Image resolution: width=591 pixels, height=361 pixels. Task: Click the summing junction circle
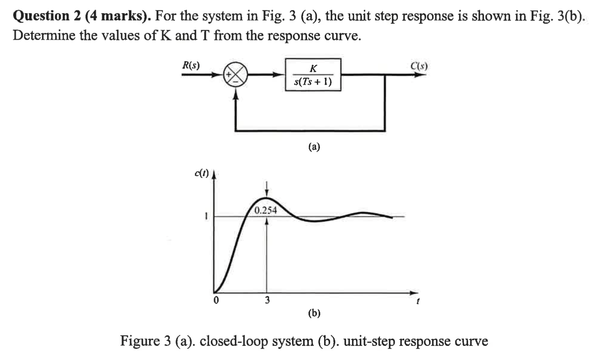click(236, 75)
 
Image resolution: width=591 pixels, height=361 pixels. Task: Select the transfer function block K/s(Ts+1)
click(313, 75)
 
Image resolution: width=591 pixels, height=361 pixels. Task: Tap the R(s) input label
click(191, 65)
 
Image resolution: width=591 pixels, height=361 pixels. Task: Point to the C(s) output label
click(419, 66)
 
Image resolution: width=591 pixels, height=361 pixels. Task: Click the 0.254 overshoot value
click(265, 211)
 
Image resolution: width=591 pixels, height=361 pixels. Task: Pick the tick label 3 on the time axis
click(267, 300)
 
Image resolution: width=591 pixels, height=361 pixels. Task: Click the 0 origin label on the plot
click(216, 300)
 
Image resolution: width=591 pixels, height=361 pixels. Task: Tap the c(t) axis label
click(202, 173)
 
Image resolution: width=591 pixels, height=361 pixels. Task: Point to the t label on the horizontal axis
click(418, 301)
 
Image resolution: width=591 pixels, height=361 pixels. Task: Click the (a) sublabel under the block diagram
click(314, 147)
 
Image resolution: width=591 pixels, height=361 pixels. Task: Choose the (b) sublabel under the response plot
click(314, 313)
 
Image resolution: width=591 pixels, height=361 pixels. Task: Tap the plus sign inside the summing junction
click(229, 75)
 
